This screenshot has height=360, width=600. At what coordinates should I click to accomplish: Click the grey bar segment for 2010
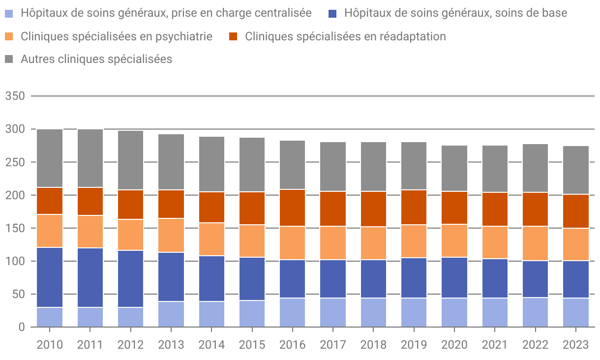(50, 158)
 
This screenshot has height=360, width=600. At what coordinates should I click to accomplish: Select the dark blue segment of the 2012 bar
(130, 279)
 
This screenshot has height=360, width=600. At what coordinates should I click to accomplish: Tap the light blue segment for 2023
(576, 312)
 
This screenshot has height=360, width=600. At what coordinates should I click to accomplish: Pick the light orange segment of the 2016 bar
(292, 243)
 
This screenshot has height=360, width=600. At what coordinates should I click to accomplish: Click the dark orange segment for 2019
(414, 207)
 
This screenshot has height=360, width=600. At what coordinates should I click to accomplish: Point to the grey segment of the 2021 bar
(495, 169)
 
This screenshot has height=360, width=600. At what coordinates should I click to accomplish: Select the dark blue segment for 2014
(211, 279)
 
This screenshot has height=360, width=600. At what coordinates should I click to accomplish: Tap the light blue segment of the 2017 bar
(333, 312)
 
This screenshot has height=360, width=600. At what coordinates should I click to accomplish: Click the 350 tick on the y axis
(15, 96)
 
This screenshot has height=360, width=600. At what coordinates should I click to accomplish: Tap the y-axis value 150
(15, 228)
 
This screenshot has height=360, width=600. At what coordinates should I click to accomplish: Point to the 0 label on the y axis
(21, 327)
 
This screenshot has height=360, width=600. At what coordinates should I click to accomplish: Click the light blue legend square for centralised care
(9, 13)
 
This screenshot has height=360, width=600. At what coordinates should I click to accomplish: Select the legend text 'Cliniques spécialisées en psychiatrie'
(116, 36)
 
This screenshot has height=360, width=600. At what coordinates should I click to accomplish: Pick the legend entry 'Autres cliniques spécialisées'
(96, 59)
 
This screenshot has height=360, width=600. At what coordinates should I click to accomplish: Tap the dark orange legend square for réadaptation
(234, 36)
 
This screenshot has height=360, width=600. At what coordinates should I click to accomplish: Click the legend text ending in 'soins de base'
(455, 13)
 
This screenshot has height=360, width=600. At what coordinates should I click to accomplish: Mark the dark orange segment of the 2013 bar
(171, 204)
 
